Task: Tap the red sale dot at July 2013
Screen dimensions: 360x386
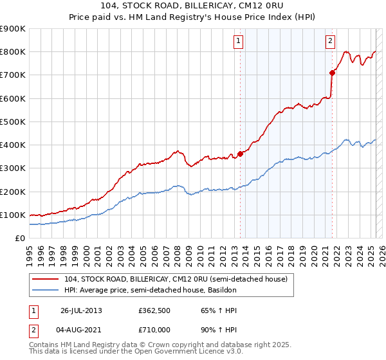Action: tap(240, 154)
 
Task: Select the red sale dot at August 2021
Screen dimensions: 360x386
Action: tap(333, 73)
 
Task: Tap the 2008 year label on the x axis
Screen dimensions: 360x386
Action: tap(176, 251)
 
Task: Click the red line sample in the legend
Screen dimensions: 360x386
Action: tap(46, 278)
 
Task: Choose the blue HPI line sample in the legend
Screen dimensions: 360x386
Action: tap(46, 291)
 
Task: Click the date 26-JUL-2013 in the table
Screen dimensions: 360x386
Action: tap(81, 310)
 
